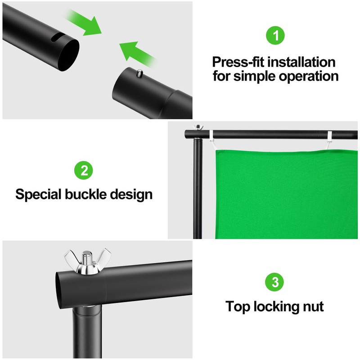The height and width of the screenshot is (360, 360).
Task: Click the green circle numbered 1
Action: [x=275, y=36]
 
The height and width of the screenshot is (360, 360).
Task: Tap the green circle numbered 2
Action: [x=84, y=171]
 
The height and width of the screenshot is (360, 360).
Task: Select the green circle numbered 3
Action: [x=274, y=282]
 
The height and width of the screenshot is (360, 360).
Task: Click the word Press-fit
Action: [x=238, y=62]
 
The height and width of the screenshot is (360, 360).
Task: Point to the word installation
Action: [x=301, y=62]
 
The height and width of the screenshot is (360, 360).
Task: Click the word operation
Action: [x=309, y=76]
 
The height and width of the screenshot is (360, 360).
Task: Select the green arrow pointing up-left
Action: [x=138, y=54]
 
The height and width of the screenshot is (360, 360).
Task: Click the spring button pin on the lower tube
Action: [x=139, y=74]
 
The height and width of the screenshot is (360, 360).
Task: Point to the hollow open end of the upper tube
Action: [x=68, y=55]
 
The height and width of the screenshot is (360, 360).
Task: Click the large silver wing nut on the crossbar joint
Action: [x=87, y=262]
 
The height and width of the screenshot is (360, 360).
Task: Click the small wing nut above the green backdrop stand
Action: [x=198, y=127]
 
